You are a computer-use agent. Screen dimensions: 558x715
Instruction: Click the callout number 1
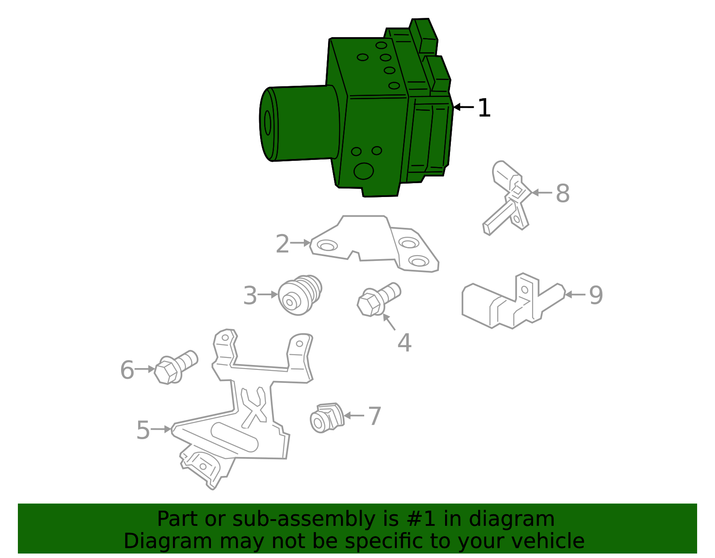pos(484,108)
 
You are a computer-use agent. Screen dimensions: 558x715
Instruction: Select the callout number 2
pos(282,244)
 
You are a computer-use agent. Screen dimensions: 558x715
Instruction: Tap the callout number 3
pos(250,296)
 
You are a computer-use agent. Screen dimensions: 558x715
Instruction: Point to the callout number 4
pos(404,343)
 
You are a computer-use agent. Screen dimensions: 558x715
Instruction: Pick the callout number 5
pos(143,430)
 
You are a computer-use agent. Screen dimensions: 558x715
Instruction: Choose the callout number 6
pos(127,370)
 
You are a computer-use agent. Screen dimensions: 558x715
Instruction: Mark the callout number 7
pos(374,416)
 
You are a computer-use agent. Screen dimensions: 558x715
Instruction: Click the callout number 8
pos(563,194)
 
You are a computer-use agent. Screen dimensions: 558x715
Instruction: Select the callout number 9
pos(596,295)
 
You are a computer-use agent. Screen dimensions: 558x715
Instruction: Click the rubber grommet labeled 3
pos(299,295)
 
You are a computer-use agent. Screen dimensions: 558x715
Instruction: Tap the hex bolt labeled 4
pos(378,299)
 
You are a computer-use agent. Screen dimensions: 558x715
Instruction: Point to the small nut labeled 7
pos(326,418)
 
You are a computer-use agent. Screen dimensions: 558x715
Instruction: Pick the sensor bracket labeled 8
pos(509,197)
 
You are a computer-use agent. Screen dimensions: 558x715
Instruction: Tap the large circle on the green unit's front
pos(363,171)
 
